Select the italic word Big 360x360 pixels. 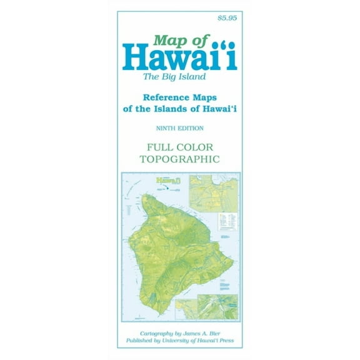(x=177, y=77)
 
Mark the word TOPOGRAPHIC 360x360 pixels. (x=179, y=159)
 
